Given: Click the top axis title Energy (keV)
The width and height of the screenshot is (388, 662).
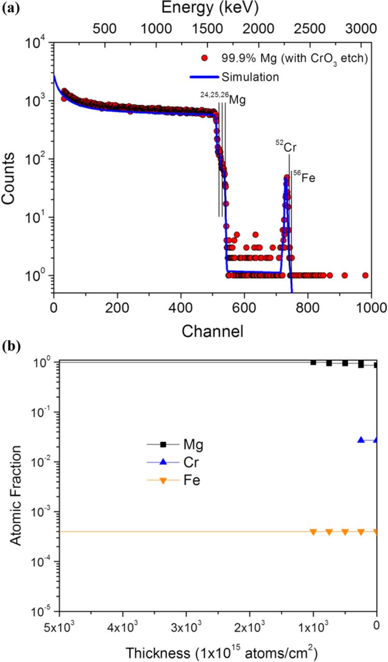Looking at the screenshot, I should pos(209,8).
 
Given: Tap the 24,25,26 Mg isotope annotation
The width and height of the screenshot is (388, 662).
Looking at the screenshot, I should pos(222,98).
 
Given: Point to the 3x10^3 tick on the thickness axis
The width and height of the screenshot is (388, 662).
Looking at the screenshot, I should pos(186,625).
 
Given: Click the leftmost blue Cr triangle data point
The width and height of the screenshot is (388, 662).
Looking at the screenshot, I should pos(361,440).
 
